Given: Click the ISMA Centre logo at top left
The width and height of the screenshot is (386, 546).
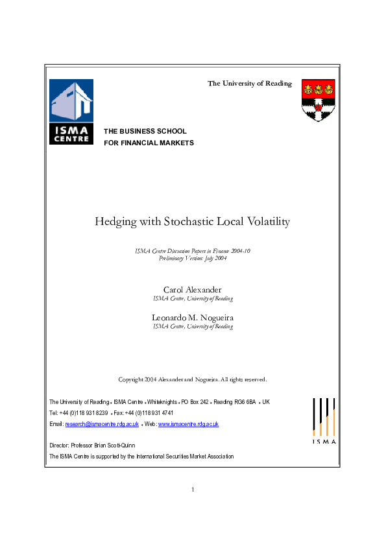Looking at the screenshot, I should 71,111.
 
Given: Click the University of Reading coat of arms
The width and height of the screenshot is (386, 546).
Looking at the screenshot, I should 318,100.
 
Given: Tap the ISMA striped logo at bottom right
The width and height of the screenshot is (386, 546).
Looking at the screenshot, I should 324,420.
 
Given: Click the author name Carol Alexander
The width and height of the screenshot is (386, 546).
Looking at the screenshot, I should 193,289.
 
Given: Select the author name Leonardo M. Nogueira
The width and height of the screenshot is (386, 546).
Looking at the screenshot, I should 193,317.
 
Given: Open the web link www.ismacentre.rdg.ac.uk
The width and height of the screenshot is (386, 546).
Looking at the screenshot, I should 188,424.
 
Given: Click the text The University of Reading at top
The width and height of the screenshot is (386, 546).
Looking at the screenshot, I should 250,84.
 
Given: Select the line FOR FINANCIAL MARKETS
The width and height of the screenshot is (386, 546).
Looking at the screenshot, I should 149,143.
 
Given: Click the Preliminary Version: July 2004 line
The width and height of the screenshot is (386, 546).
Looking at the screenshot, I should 193,259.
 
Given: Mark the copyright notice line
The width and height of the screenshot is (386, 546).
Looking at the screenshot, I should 193,379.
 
